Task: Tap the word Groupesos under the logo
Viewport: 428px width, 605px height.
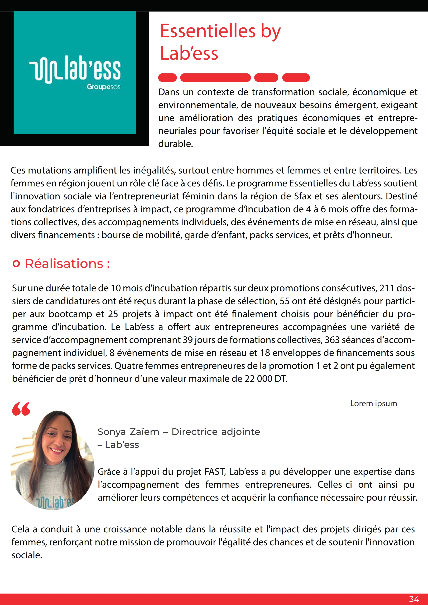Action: [103, 87]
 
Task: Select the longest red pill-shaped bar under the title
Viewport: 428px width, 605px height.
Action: [215, 78]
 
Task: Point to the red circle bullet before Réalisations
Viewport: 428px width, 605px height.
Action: [16, 264]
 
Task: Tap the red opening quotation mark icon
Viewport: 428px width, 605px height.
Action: [21, 409]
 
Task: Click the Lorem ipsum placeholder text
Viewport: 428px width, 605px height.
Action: [373, 403]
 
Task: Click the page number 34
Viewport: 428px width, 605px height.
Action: [414, 599]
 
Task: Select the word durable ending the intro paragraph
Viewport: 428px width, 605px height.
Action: [175, 144]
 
